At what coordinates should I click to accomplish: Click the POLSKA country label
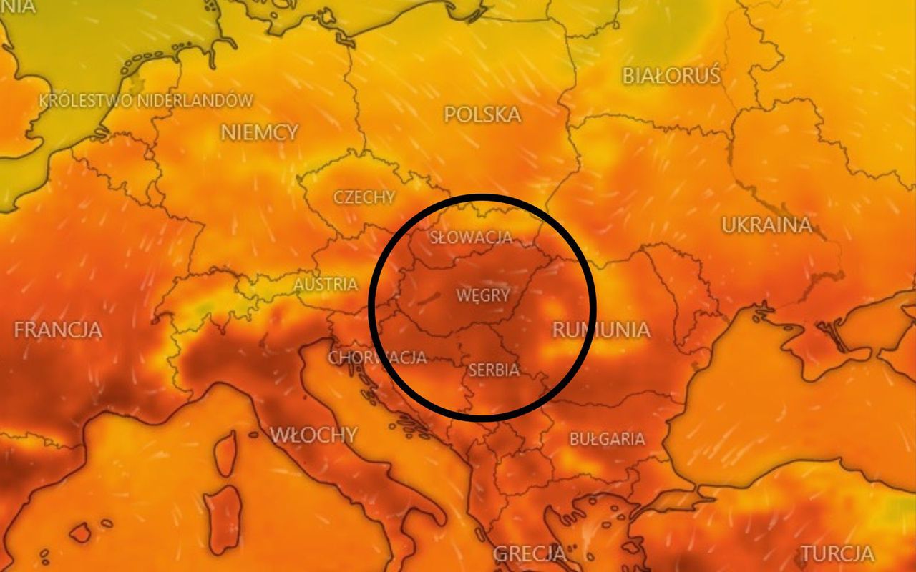click(482, 114)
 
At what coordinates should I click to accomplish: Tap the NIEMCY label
click(259, 132)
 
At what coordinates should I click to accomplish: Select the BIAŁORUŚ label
click(671, 75)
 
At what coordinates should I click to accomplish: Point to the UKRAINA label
click(766, 225)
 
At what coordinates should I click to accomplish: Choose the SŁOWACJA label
click(471, 237)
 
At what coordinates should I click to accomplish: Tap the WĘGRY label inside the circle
click(483, 295)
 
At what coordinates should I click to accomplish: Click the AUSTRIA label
click(326, 284)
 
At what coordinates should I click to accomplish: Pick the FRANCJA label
click(58, 330)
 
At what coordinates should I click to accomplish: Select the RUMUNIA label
click(601, 330)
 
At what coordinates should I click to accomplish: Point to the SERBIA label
click(493, 370)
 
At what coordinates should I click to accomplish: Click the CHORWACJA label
click(377, 357)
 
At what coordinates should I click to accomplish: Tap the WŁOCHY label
click(313, 434)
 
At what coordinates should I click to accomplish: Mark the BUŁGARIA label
click(607, 438)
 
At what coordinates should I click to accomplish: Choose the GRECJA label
click(530, 553)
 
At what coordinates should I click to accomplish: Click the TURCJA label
click(837, 553)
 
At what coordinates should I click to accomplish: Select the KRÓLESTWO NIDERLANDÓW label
click(146, 100)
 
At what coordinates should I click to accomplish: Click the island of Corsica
click(225, 451)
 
